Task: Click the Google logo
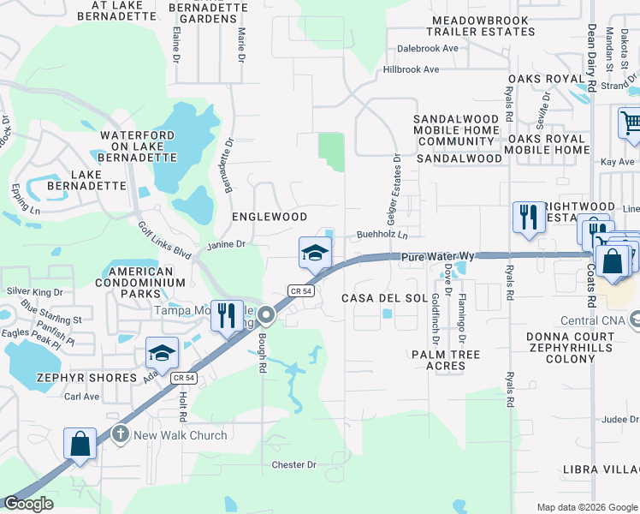28,504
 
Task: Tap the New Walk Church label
181,435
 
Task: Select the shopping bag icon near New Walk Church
80,445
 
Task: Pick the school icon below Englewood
314,254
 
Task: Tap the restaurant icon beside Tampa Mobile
226,315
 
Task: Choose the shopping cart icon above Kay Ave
631,123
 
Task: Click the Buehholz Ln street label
382,234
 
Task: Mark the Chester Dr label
293,465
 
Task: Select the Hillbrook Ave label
411,69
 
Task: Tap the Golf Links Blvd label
165,242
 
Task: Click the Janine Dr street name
226,245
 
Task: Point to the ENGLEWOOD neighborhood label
270,217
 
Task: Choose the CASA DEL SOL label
384,297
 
